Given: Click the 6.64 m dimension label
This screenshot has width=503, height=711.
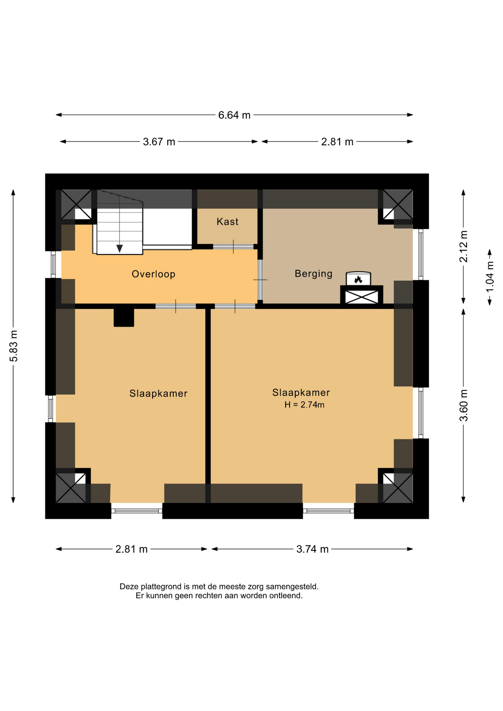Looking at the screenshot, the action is [x=234, y=115].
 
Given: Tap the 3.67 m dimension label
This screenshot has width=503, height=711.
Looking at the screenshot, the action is [x=159, y=142].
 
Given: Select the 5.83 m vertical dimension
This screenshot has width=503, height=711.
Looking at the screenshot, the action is [x=13, y=346].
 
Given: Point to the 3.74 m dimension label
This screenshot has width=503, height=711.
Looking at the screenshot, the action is [x=312, y=549].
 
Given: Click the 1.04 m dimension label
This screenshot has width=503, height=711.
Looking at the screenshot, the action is [x=490, y=277].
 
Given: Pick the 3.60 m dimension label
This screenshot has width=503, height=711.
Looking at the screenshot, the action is [x=463, y=405].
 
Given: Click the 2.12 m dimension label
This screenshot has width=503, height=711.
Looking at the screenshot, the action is [x=463, y=246].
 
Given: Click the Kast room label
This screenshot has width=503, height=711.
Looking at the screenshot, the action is [x=227, y=221].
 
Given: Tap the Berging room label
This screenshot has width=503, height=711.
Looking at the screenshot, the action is [x=313, y=274].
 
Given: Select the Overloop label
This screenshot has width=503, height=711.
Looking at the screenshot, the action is [x=153, y=274].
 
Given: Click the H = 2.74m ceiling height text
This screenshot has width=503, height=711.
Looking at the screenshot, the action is [x=304, y=405].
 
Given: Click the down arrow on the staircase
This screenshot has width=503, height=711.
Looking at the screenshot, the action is [x=119, y=248].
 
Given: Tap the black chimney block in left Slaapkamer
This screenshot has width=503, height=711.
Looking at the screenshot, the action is [x=124, y=317].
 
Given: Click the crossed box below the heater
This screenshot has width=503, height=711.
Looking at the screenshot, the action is [x=362, y=296].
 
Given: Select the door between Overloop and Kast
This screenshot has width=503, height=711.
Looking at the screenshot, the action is [x=233, y=247].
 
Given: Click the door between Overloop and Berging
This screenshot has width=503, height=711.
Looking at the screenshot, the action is [x=260, y=280].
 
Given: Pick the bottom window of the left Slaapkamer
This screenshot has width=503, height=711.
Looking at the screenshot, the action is [x=137, y=511].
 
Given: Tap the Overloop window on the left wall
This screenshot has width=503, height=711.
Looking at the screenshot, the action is [x=53, y=264].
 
